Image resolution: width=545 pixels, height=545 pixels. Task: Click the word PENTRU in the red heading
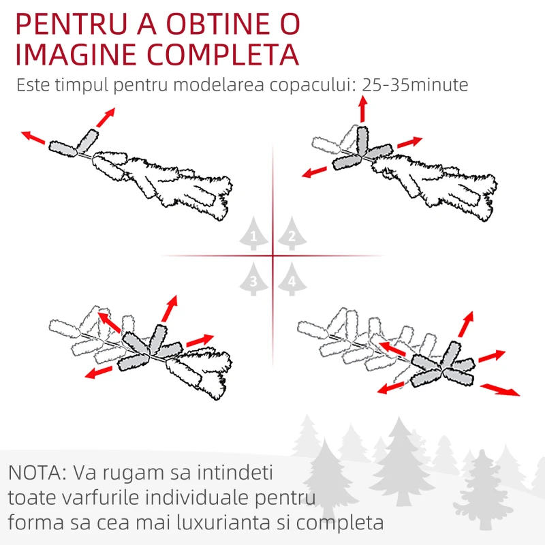72,24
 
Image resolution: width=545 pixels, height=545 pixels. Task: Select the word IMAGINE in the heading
76,54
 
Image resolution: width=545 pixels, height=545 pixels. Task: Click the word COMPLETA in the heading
223,54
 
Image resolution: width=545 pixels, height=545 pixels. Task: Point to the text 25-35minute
415,84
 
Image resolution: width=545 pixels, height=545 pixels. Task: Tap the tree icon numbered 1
253,233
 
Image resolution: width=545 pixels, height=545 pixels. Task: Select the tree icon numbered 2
292,233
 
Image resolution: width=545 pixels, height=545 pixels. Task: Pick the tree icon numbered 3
253,279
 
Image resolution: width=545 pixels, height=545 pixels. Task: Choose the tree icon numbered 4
292,279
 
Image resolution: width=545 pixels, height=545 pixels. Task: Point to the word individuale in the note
197,497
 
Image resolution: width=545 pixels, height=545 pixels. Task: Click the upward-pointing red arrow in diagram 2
363,109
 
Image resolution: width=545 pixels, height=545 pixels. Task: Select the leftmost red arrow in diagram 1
33,138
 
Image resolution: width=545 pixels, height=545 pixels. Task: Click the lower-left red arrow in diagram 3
99,372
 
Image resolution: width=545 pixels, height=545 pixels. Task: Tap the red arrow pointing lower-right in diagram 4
500,389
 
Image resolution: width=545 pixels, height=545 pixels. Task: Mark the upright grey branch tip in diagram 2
362,140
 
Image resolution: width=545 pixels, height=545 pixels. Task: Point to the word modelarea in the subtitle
219,84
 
